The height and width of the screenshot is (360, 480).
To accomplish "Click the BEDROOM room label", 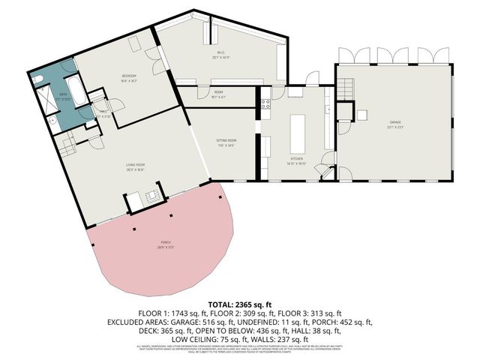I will coord(128,77).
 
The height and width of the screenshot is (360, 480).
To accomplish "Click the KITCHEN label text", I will coord(297,160).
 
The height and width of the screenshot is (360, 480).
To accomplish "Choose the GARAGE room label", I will coord(394,122).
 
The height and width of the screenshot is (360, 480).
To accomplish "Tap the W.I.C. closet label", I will coord(220,52).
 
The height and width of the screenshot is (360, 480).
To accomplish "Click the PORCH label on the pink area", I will coord(163,244).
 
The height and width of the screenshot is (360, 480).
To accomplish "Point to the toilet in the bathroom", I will coord(38,78).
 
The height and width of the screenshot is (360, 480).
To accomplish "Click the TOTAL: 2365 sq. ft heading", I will coord(240,304).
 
